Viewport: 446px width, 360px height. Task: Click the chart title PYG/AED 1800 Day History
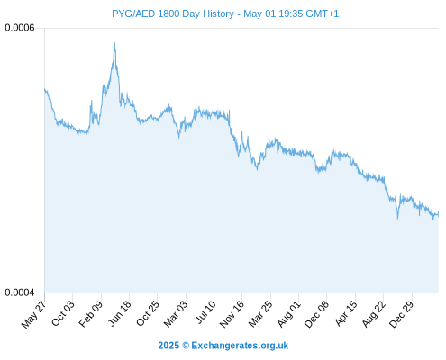tap(173, 13)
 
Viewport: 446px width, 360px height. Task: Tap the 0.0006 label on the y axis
tap(20, 28)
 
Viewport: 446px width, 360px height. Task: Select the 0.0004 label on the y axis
tap(20, 292)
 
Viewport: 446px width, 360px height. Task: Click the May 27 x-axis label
tap(33, 314)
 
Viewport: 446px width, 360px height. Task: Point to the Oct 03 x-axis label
tap(63, 313)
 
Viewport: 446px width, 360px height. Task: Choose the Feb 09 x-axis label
tap(91, 314)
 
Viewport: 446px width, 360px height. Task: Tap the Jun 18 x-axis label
tap(120, 313)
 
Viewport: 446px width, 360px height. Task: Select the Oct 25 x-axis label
tap(148, 313)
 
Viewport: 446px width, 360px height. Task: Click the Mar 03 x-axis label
tap(176, 314)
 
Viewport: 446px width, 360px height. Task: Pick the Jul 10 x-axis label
tap(205, 312)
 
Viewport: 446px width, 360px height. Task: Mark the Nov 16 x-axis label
tap(232, 314)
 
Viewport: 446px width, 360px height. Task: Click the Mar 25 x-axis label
tap(260, 314)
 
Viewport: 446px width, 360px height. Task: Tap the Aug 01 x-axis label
tap(288, 314)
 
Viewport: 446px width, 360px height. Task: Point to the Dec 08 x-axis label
tap(316, 314)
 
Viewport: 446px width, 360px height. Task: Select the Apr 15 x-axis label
tap(346, 313)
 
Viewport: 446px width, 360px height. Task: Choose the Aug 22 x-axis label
tap(374, 314)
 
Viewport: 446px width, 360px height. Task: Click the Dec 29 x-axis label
tap(402, 314)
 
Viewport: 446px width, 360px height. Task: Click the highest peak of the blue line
tap(114, 42)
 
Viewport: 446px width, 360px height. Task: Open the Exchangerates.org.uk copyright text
tap(240, 346)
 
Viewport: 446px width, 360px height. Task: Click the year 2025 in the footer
tap(168, 346)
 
